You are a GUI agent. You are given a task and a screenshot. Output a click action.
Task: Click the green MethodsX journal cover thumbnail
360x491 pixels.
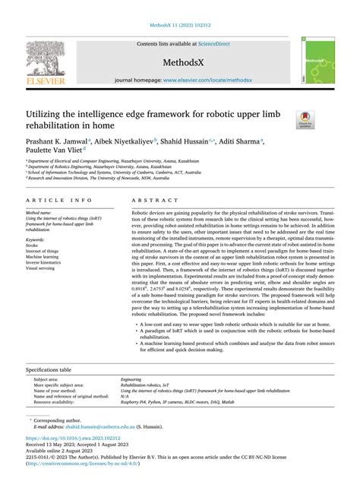pos(315,59)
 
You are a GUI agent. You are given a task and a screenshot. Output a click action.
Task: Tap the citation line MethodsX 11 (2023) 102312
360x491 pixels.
pos(180,24)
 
